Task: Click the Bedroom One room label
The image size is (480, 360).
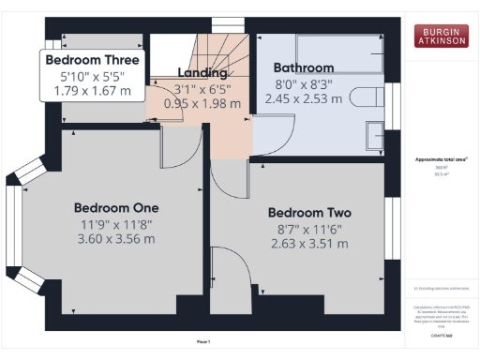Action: pyautogui.click(x=117, y=207)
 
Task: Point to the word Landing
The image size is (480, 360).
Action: pyautogui.click(x=202, y=72)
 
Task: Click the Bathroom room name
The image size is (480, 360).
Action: pyautogui.click(x=303, y=67)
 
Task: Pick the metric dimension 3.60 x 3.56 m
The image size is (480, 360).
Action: pyautogui.click(x=117, y=238)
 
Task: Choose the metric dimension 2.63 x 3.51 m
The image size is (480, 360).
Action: pyautogui.click(x=308, y=244)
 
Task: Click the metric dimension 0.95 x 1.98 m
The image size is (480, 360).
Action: pyautogui.click(x=202, y=103)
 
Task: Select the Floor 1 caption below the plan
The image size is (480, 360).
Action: pyautogui.click(x=203, y=341)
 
